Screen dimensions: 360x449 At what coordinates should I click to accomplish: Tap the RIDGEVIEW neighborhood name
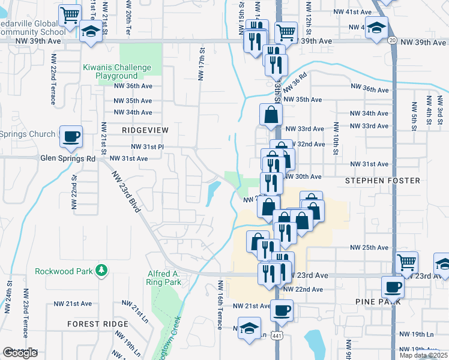pyautogui.click(x=145, y=130)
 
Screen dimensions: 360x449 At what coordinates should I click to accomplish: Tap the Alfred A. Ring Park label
pyautogui.click(x=164, y=278)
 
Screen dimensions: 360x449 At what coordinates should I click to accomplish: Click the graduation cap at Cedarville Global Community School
pyautogui.click(x=91, y=32)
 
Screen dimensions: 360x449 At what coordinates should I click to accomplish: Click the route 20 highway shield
pyautogui.click(x=391, y=40)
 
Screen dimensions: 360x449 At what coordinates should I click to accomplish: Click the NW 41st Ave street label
pyautogui.click(x=356, y=12)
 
